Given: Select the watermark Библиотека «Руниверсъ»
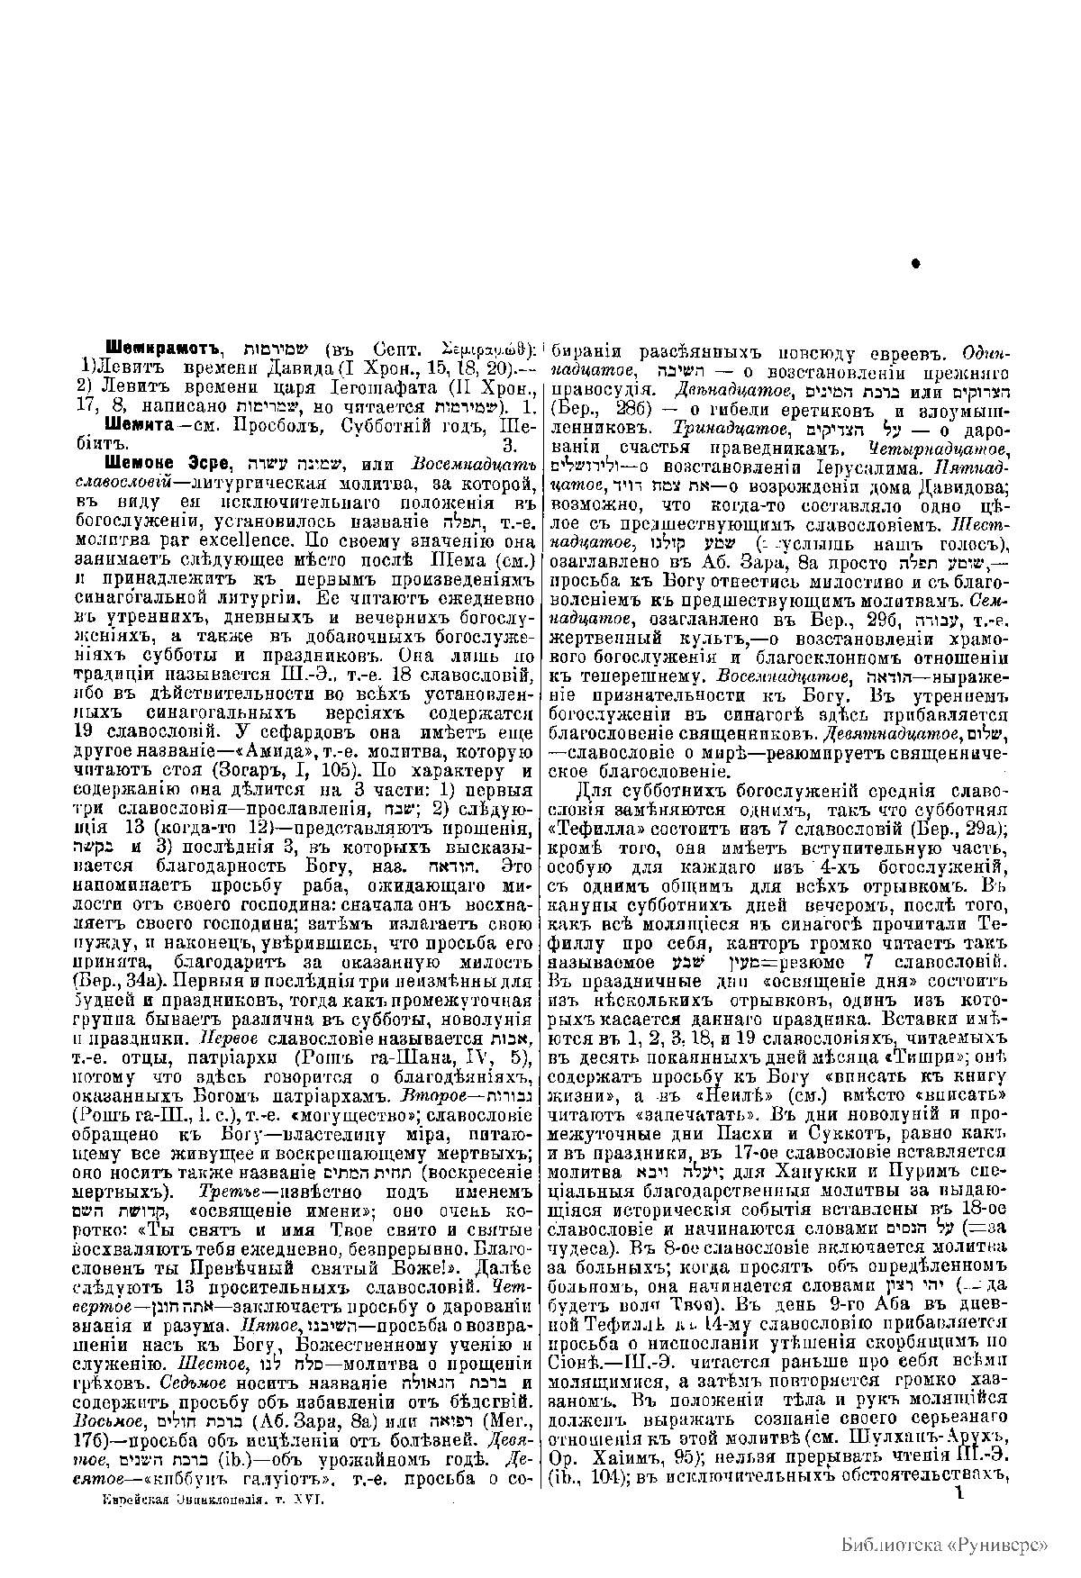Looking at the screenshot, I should [944, 1544].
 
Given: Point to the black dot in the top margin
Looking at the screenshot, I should [916, 263].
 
